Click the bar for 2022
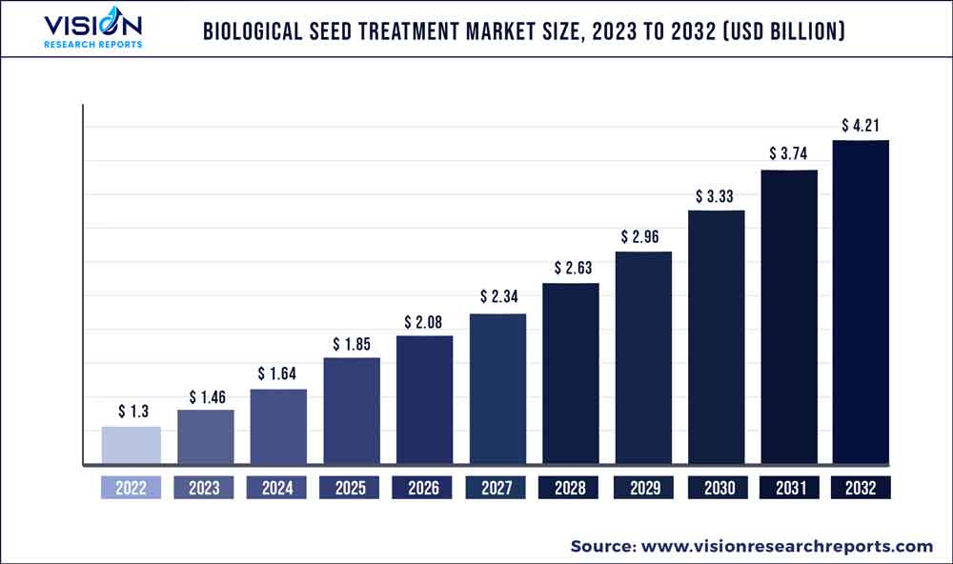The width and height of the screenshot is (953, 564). click(131, 446)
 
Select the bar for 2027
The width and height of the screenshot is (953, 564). click(497, 390)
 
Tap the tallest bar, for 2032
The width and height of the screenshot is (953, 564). click(861, 303)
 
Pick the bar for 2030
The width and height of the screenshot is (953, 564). click(716, 337)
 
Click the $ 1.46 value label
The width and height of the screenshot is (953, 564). click(205, 395)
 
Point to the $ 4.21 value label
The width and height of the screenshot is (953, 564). click(861, 126)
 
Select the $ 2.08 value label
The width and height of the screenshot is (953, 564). click(424, 322)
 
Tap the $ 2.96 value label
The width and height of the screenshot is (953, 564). click(643, 237)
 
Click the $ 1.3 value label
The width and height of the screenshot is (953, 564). click(132, 412)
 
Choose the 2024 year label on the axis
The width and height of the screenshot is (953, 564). click(277, 488)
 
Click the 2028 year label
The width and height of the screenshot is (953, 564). click(570, 488)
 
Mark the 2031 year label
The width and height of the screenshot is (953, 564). click(788, 488)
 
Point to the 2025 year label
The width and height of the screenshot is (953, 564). click(351, 488)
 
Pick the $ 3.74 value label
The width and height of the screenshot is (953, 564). click(788, 154)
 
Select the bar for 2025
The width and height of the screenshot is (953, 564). click(352, 412)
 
